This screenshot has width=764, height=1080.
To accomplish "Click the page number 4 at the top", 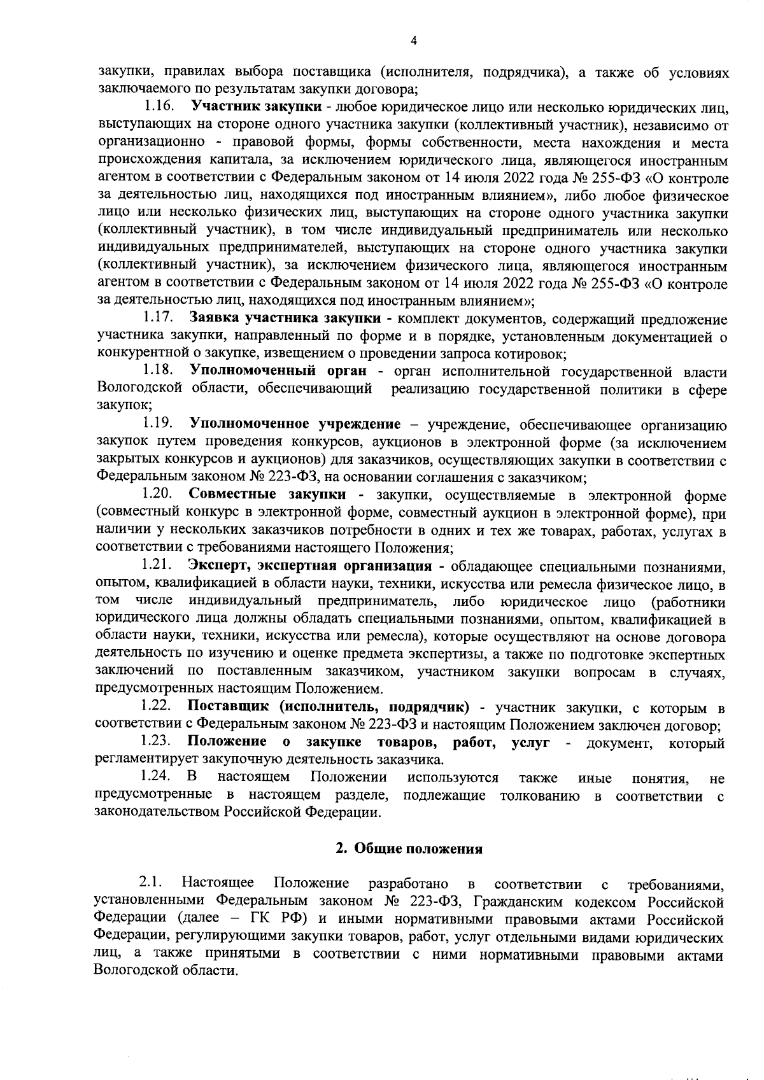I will tap(414, 41).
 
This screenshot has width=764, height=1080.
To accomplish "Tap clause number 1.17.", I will tap(157, 318).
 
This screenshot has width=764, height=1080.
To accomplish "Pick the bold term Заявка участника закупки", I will tap(285, 318).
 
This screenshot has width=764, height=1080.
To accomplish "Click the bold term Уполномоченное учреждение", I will tap(295, 424).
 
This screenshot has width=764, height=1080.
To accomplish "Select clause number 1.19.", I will tap(157, 424).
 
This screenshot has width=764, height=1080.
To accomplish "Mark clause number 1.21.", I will tap(157, 565).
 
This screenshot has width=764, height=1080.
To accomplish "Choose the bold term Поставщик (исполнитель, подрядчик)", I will tap(329, 707).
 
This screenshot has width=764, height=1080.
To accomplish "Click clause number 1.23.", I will tap(157, 742).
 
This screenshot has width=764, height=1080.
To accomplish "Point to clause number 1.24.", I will tap(157, 778).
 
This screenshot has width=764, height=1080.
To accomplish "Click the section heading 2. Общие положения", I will tap(409, 848).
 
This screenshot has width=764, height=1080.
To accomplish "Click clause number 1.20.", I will tap(157, 494).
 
